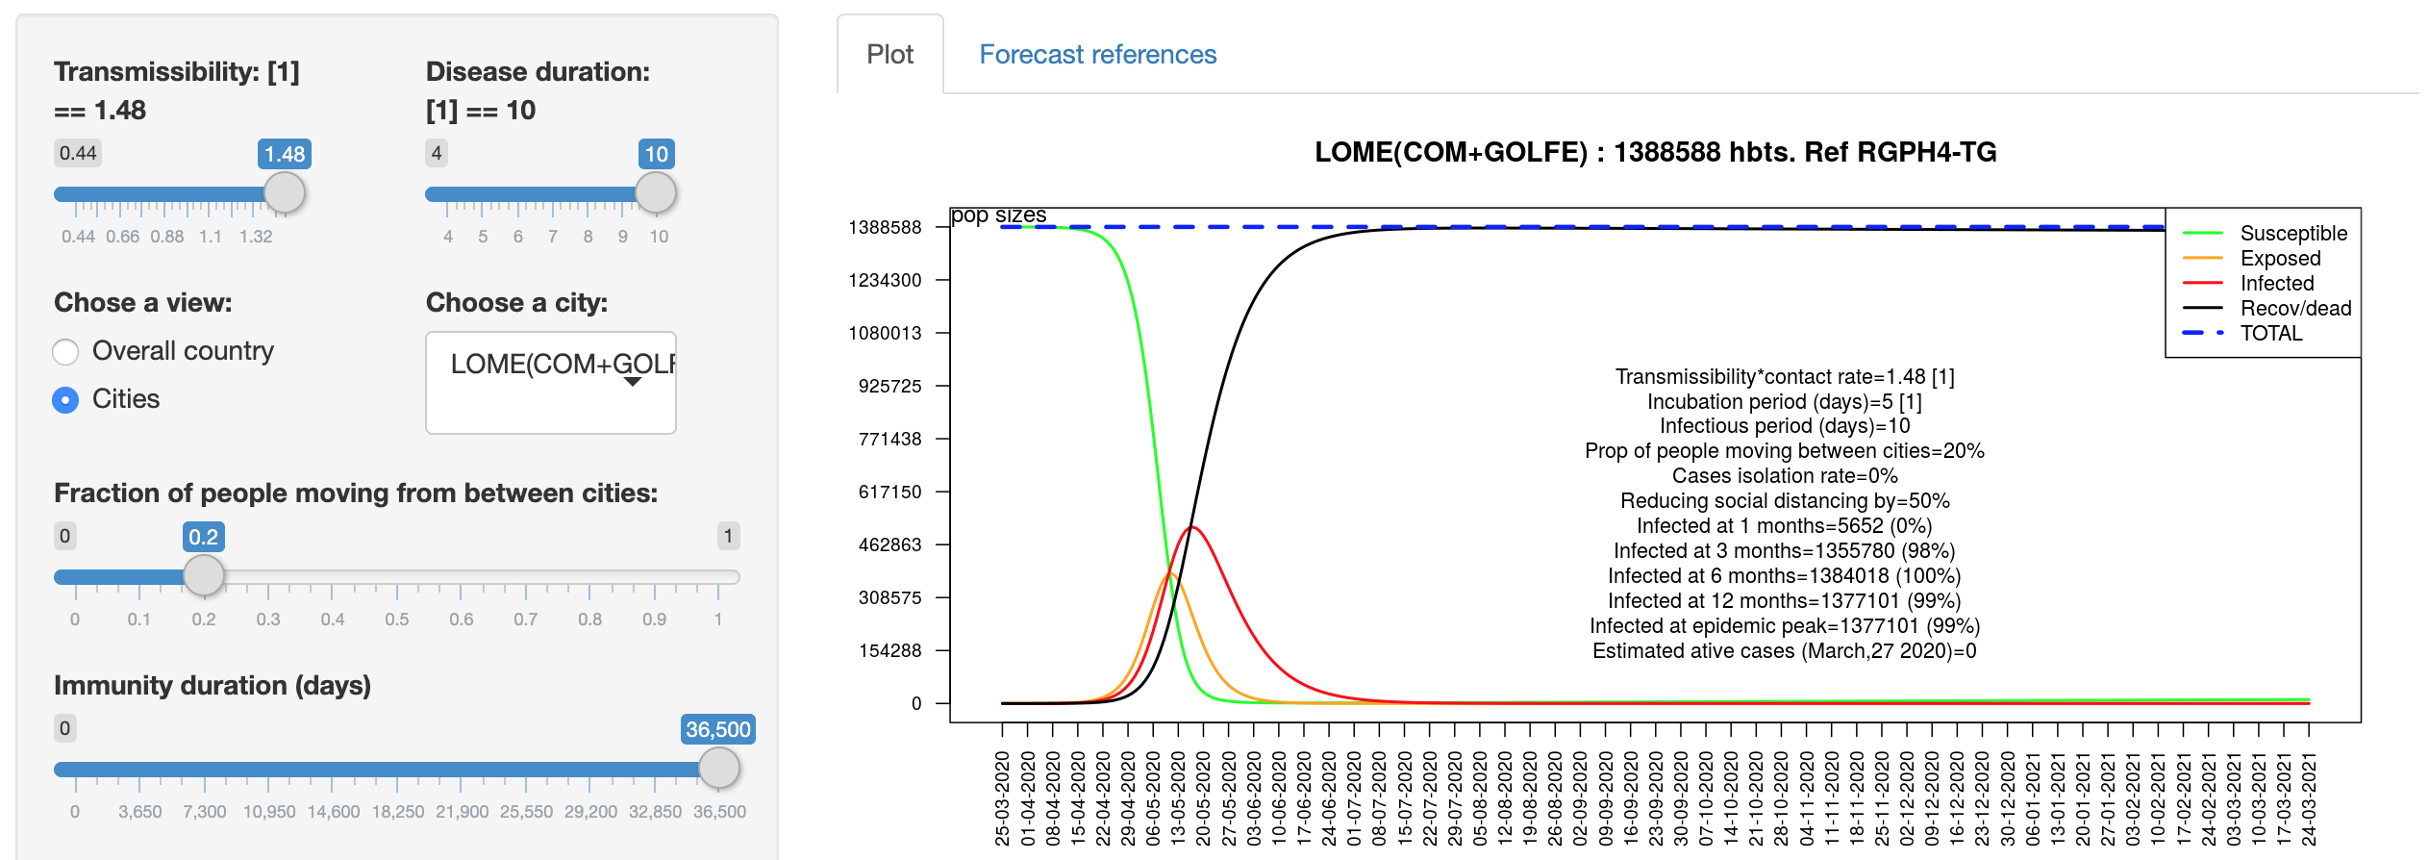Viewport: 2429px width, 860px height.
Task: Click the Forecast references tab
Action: coord(1097,55)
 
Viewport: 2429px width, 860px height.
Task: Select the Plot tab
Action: coord(889,55)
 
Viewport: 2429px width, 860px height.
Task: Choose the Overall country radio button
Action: coord(65,352)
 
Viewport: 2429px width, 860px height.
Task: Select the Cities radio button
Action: coord(65,400)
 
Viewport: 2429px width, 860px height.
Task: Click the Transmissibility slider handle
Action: coord(285,193)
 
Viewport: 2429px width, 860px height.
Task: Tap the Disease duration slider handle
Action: coord(656,193)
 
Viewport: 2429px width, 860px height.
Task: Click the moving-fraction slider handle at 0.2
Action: coord(203,575)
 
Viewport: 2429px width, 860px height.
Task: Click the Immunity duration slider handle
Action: coord(718,768)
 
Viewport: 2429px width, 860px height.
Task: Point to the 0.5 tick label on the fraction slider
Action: coord(397,620)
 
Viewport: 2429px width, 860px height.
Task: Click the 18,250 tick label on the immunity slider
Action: coord(397,812)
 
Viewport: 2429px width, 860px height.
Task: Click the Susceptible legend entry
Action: coord(2292,234)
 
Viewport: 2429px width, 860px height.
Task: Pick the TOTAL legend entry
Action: coord(2270,334)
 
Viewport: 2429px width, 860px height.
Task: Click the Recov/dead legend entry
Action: coord(2294,309)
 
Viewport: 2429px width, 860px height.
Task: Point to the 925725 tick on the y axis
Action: coord(889,387)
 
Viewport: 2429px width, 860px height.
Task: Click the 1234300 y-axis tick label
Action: coord(885,281)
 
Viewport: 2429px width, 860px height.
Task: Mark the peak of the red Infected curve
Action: coord(1192,527)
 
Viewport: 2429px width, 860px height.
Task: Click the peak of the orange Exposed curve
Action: coord(1170,574)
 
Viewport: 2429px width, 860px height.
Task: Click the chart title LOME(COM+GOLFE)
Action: coord(1655,152)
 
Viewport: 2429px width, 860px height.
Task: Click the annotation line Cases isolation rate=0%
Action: coord(1784,476)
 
